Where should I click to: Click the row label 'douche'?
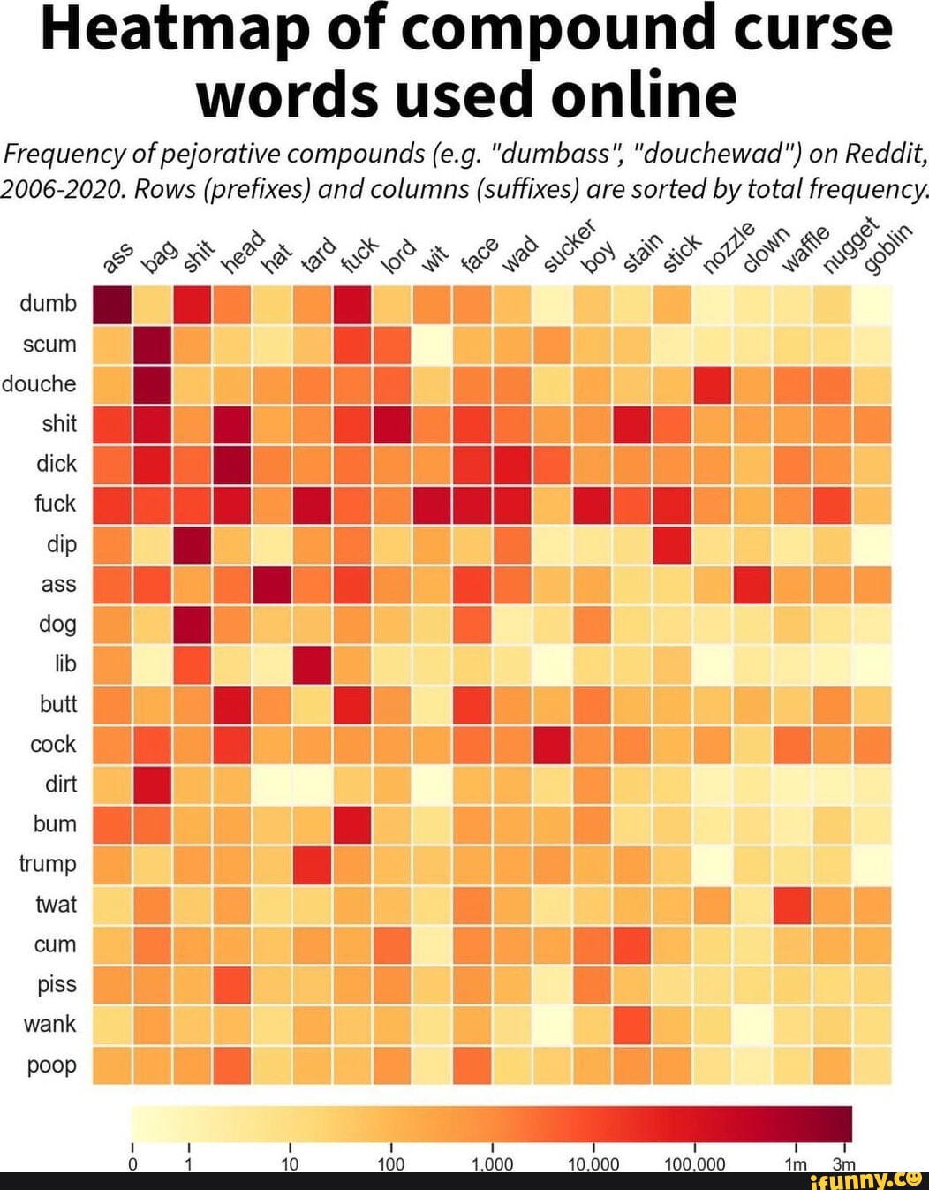(x=39, y=384)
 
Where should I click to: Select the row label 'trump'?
(x=48, y=864)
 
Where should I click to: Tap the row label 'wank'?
(x=50, y=1025)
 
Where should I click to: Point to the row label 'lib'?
(x=65, y=664)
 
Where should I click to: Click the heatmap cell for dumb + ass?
(x=112, y=305)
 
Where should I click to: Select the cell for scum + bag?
(x=153, y=345)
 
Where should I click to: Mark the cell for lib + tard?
(x=313, y=664)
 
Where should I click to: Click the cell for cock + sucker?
(x=553, y=745)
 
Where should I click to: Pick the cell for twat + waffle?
(x=792, y=905)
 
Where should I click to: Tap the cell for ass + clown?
(x=752, y=585)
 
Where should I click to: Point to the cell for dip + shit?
(x=193, y=544)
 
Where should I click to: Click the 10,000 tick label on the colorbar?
(x=593, y=1164)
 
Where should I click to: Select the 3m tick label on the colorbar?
(x=843, y=1164)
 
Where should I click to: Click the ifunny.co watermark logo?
(x=865, y=1179)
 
